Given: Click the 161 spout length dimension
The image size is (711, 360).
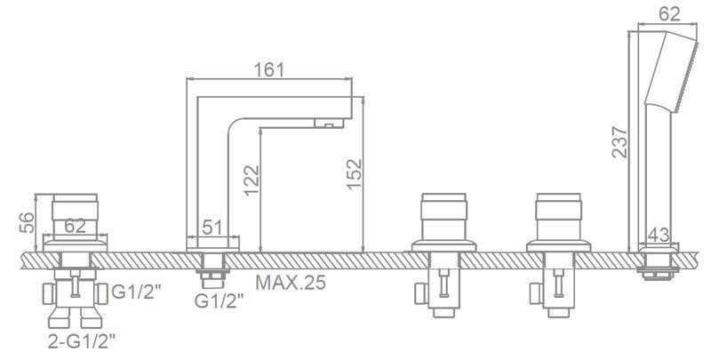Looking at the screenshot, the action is coord(269,70).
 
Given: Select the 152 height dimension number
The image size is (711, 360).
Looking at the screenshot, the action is coord(354,173).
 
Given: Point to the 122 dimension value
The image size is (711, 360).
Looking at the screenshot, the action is coord(252,180).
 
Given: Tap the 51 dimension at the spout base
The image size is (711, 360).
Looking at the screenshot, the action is coord(212,228).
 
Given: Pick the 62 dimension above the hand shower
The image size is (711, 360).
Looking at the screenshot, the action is coord(670,14).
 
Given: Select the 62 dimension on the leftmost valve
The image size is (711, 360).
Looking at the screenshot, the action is coord(75,226).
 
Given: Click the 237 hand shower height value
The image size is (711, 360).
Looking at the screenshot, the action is coord(619,142).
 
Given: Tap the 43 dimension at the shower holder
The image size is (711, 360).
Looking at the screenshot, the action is coord(659,235).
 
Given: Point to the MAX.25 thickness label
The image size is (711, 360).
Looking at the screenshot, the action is coord(291,283).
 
